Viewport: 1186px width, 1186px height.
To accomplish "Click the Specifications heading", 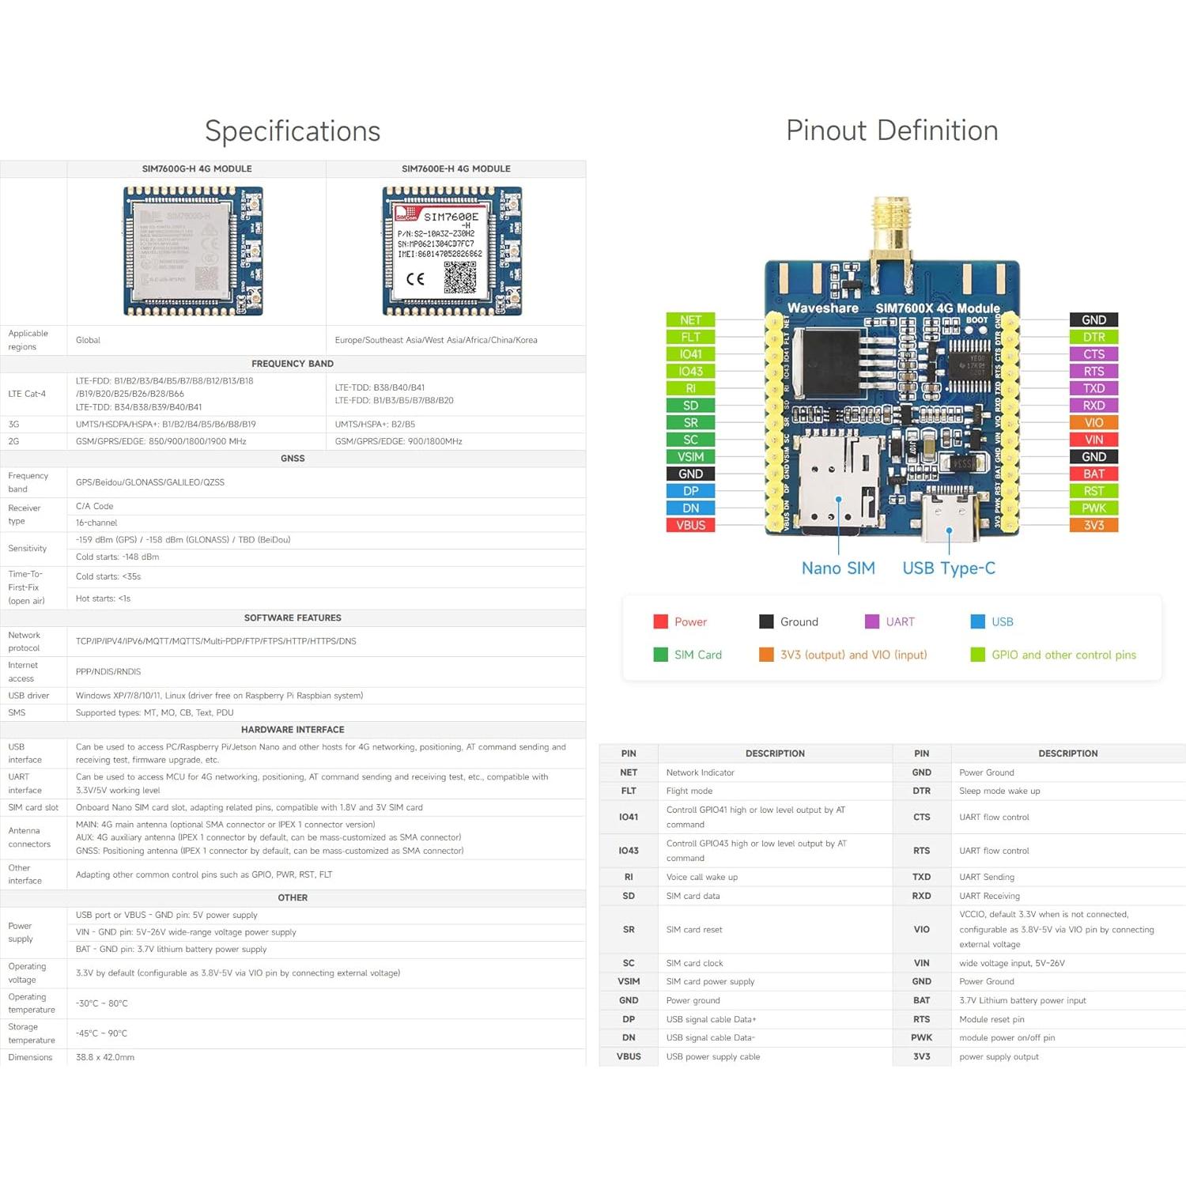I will (293, 131).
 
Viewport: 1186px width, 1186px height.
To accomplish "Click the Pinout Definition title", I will (892, 130).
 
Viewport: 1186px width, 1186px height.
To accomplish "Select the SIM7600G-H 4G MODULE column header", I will (197, 168).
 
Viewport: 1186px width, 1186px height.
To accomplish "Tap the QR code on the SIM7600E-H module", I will (459, 278).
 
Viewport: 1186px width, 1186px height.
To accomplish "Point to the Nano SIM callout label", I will (838, 568).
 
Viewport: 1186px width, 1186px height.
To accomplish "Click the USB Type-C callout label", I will (949, 568).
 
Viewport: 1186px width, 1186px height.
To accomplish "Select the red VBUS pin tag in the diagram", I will (690, 525).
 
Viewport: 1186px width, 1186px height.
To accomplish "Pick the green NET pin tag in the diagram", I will (690, 319).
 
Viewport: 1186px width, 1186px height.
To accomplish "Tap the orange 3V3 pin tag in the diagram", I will (1093, 525).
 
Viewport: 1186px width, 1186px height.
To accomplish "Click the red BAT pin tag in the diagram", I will (1093, 474).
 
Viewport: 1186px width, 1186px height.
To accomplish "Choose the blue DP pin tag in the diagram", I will (690, 491).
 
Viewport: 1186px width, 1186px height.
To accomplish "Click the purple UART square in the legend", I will (872, 621).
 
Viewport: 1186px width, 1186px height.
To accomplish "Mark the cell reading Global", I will (88, 340).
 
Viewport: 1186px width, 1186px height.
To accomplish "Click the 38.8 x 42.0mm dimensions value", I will (105, 1057).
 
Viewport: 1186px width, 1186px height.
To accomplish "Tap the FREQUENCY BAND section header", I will (293, 364).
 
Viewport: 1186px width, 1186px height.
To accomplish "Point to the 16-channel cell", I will (96, 523).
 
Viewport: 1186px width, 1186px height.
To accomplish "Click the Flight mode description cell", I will (689, 791).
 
